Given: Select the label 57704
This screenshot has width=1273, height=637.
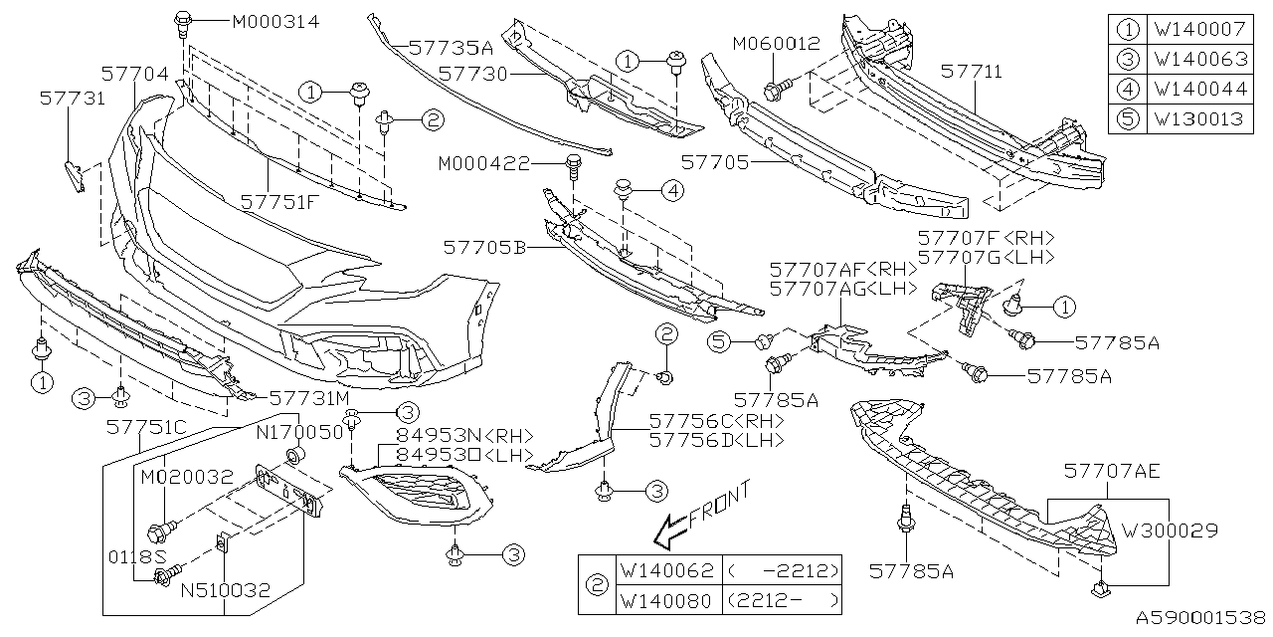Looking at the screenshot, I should pyautogui.click(x=134, y=73).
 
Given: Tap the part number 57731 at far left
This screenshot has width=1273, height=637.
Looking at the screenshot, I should pyautogui.click(x=73, y=99).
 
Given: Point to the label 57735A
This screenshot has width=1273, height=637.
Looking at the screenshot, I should pyautogui.click(x=452, y=47).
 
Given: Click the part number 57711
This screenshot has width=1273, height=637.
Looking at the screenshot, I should pyautogui.click(x=972, y=73).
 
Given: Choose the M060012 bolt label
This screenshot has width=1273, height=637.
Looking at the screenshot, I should pyautogui.click(x=776, y=44).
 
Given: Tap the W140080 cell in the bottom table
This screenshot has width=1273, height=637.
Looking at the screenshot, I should pyautogui.click(x=667, y=600).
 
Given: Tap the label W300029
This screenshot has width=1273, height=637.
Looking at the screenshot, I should pyautogui.click(x=1170, y=531).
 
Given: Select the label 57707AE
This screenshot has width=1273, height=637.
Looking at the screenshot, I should pyautogui.click(x=1110, y=469).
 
